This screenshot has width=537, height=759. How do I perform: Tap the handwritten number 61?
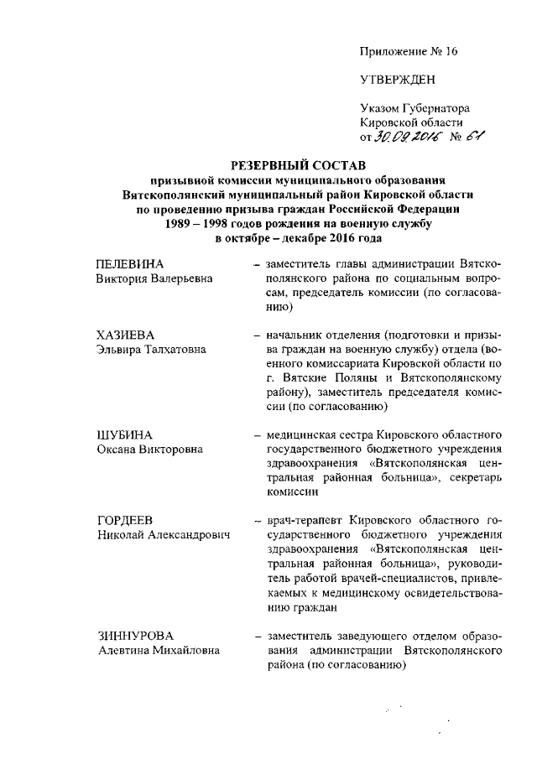(x=475, y=138)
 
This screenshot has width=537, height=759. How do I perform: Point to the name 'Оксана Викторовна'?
(x=149, y=451)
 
